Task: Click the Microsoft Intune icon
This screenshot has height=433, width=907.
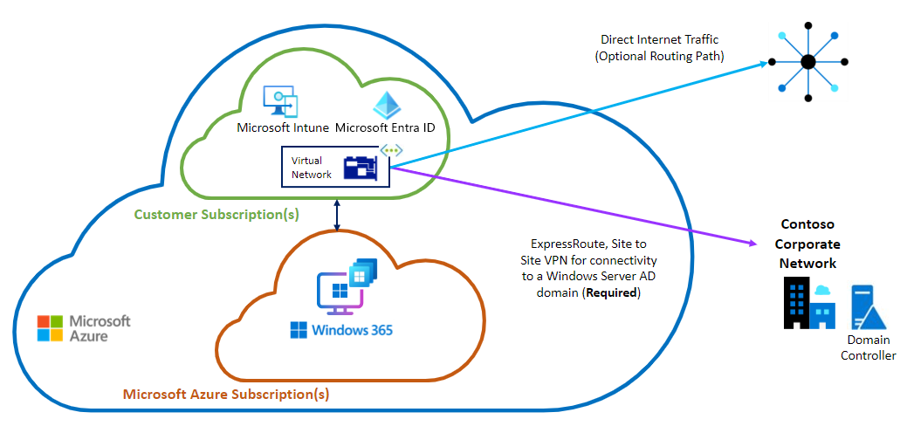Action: [x=281, y=102]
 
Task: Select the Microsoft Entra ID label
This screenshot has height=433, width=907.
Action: [x=385, y=128]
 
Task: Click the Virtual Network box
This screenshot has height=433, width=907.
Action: [x=333, y=166]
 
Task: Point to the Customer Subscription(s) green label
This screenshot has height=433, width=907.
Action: [x=216, y=214]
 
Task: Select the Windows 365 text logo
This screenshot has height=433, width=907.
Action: [x=341, y=330]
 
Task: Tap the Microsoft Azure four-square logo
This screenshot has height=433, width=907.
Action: [x=51, y=328]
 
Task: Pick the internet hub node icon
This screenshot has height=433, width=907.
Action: [x=808, y=62]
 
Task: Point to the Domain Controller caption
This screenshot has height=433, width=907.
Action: [x=868, y=347]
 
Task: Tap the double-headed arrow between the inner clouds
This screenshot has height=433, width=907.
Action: [x=338, y=212]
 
